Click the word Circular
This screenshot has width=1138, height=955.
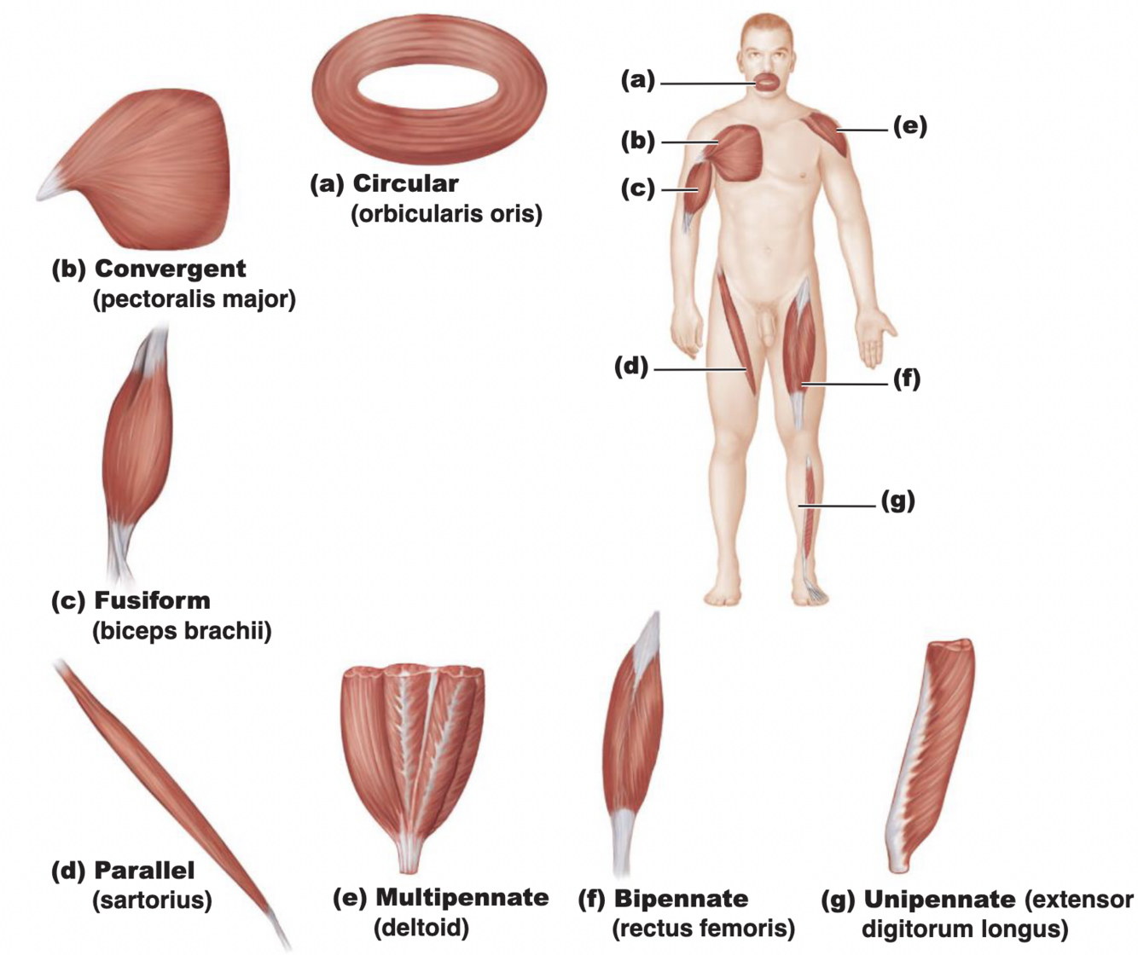[405, 183]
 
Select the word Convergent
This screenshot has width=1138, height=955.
[170, 269]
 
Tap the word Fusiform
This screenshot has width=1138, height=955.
[152, 600]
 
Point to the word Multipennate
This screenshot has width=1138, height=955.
[462, 897]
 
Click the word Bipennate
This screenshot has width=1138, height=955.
[681, 899]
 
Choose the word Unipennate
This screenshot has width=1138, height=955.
[939, 900]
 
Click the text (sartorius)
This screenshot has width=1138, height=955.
[152, 900]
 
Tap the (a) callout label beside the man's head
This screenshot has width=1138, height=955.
[637, 80]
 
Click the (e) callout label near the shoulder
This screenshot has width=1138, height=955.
[909, 126]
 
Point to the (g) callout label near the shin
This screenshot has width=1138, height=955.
[897, 501]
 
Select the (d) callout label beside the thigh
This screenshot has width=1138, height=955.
[631, 367]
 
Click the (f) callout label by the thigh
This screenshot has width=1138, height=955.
[907, 378]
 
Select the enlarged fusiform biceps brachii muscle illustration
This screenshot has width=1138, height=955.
[136, 452]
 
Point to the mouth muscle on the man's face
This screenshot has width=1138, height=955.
[767, 83]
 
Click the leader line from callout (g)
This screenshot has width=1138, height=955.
[840, 506]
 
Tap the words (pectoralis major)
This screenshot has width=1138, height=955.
[194, 299]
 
